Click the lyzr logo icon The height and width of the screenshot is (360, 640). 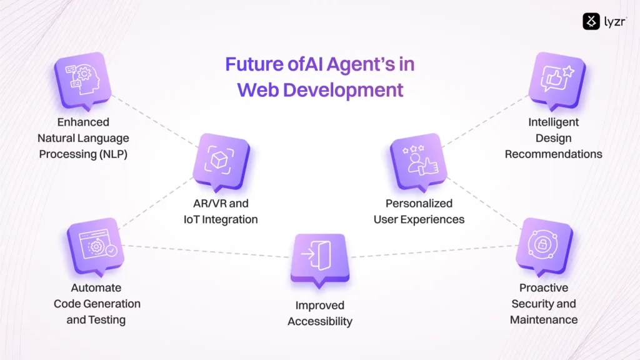[591, 21]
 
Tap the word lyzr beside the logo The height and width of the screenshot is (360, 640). [615, 22]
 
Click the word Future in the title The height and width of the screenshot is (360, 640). [254, 64]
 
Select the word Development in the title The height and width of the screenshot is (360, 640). [343, 90]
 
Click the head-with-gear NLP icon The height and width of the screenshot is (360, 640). [83, 79]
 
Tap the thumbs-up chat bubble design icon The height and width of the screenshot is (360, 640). [557, 79]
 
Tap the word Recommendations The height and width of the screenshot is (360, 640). [554, 154]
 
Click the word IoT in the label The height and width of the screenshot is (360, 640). [191, 219]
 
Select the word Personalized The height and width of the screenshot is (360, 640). [419, 203]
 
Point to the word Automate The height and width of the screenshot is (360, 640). [96, 287]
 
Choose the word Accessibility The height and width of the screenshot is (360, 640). [320, 322]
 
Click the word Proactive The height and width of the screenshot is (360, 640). [544, 287]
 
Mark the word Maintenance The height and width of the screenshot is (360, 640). [544, 319]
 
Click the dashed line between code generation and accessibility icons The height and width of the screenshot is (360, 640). [206, 251]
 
